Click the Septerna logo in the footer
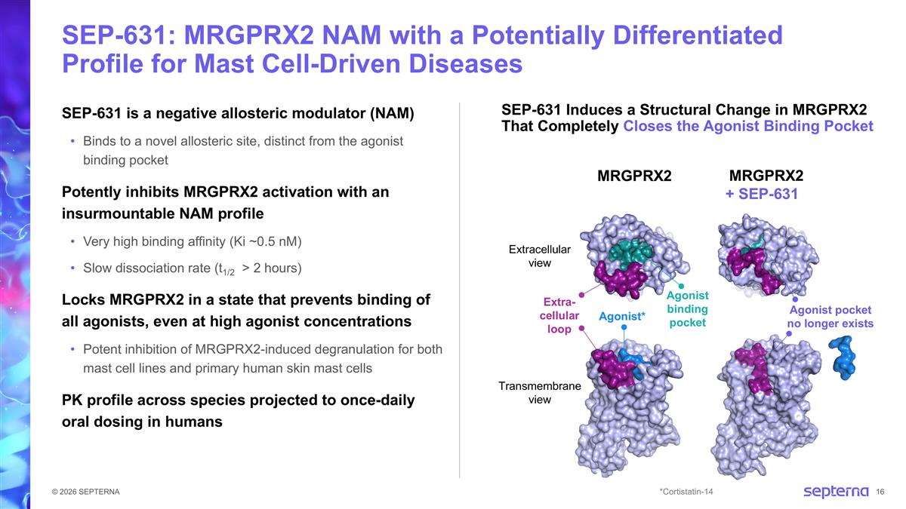(x=835, y=492)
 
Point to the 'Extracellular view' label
(x=540, y=256)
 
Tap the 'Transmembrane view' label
(x=540, y=392)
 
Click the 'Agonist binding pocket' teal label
(x=687, y=309)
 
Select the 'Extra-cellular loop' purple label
(x=559, y=315)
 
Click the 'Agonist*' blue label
(x=622, y=316)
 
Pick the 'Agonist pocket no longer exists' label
(x=830, y=317)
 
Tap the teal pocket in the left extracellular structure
(x=633, y=251)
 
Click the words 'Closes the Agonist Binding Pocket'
(x=747, y=126)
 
